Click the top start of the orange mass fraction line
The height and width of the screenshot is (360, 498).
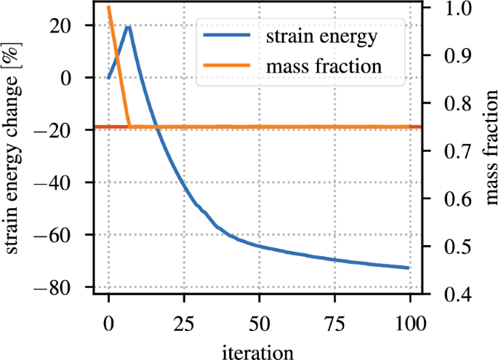coord(108,7)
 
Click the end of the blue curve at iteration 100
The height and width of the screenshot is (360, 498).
coord(410,268)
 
